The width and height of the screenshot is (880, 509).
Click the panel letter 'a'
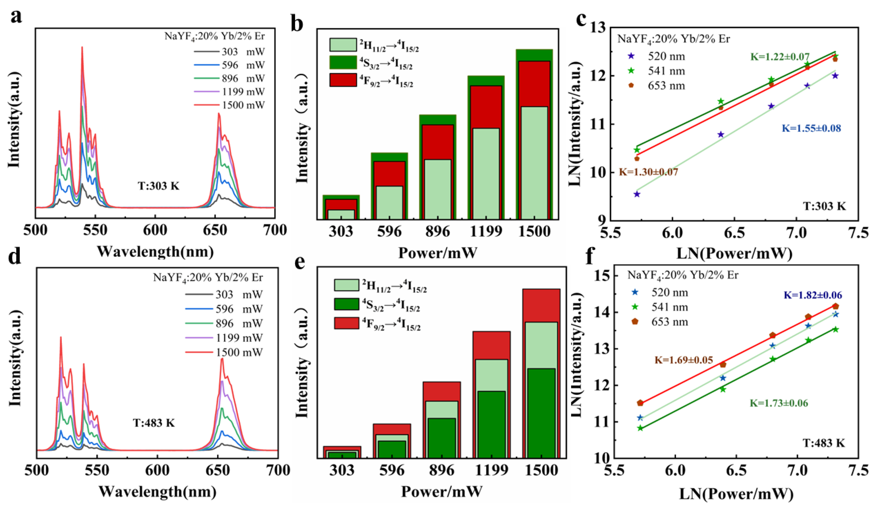pyautogui.click(x=16, y=16)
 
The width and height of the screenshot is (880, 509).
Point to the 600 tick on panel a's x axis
pyautogui.click(x=155, y=230)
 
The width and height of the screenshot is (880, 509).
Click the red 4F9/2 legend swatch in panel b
pyautogui.click(x=343, y=80)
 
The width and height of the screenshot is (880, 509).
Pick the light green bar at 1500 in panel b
pyautogui.click(x=534, y=163)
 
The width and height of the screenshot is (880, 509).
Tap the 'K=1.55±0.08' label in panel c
pyautogui.click(x=811, y=128)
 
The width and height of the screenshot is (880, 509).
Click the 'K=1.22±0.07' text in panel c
pyautogui.click(x=780, y=57)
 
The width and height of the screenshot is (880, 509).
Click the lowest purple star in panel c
pyautogui.click(x=637, y=194)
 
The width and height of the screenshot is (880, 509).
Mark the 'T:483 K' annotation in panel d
pyautogui.click(x=154, y=423)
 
